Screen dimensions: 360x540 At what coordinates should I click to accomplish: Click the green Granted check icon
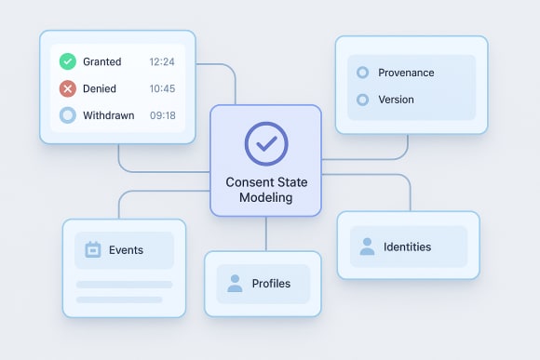tap(67, 61)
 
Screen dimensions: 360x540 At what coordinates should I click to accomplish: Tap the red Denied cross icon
tap(67, 89)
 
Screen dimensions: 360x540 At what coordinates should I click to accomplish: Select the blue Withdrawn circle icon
tap(67, 116)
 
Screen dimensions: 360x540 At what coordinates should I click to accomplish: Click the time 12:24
tap(162, 62)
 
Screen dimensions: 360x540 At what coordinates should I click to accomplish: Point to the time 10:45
tap(162, 89)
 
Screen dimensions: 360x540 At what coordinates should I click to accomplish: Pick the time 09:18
tap(162, 116)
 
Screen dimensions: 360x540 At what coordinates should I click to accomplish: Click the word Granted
tap(102, 62)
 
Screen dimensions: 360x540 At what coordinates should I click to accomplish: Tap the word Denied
tap(100, 89)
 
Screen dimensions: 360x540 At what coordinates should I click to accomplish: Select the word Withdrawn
tap(109, 116)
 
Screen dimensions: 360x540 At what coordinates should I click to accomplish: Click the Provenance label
tap(406, 73)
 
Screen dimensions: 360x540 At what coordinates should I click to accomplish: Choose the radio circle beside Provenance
tap(362, 73)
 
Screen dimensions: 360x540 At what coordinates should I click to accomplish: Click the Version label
tap(396, 100)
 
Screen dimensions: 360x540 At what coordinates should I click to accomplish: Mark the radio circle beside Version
tap(362, 100)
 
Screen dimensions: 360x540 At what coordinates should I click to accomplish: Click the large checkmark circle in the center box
tap(266, 143)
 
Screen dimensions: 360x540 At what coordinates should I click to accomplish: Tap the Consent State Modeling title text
tap(265, 190)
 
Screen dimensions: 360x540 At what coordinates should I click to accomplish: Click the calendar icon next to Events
tap(92, 249)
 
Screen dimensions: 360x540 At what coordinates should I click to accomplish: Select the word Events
tap(126, 250)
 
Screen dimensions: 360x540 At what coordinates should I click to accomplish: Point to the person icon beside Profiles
tap(235, 283)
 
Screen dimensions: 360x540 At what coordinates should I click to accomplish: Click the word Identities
tap(407, 247)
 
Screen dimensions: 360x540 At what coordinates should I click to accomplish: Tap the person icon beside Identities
tap(367, 247)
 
